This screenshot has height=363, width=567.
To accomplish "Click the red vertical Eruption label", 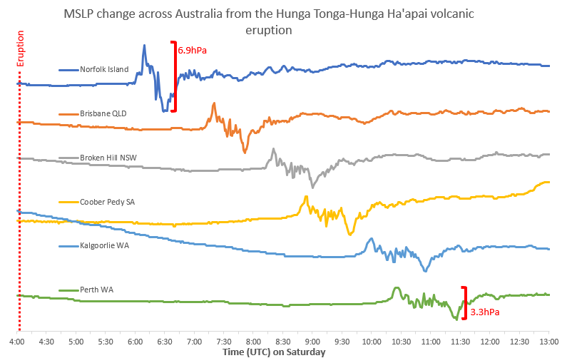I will coord(21,48).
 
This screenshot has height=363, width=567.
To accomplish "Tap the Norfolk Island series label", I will coord(104,70).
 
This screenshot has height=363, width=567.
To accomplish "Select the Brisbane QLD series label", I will coord(103,113).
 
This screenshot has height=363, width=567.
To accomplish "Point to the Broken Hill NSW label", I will coord(108,158).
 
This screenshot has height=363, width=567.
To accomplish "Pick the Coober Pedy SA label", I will coord(107,202).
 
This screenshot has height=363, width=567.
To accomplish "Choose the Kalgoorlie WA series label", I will coord(104,245).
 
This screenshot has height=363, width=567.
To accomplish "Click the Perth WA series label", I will coord(97,290).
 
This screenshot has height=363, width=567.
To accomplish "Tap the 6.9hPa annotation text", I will coord(192,51).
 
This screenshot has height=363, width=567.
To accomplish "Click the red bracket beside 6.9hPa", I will coord(173,76).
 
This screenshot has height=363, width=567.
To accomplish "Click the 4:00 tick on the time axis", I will coord(18,342).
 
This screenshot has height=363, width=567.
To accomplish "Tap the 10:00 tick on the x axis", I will coord(371,342).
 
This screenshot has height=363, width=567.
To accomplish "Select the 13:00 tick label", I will coord(548,342).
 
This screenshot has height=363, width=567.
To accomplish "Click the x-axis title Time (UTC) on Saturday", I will coord(274,352).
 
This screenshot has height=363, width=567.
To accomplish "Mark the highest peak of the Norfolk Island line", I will coord(144,46).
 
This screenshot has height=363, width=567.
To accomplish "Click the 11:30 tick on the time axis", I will coord(459,342).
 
